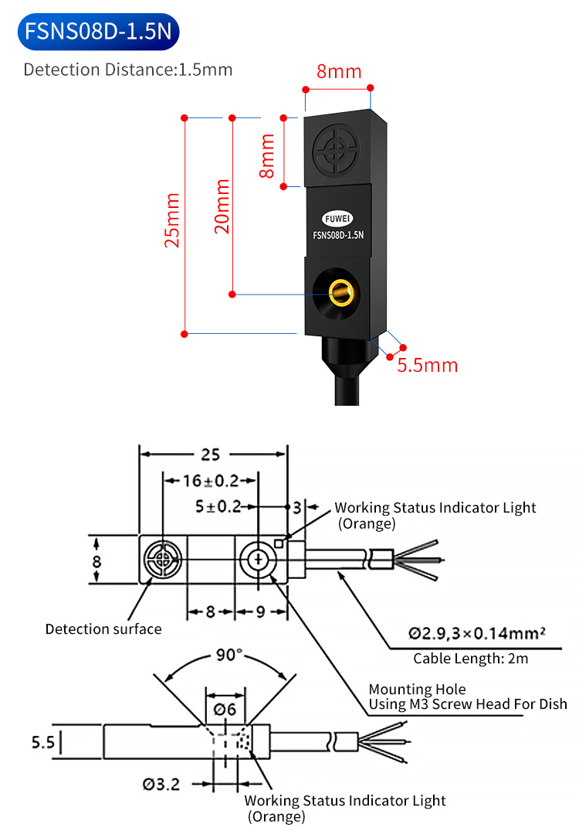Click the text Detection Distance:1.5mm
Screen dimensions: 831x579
[128, 70]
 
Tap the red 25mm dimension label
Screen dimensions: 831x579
[173, 220]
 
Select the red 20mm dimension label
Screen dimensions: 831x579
[222, 206]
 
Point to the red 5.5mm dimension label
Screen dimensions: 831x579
[428, 365]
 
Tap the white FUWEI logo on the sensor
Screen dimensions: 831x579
[337, 219]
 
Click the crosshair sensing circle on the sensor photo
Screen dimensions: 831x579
[337, 151]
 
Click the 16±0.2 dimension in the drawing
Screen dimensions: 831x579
[211, 481]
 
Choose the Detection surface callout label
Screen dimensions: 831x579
[103, 628]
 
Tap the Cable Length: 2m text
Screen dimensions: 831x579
[471, 659]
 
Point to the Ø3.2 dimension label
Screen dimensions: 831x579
[161, 784]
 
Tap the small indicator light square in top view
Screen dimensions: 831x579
[279, 543]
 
